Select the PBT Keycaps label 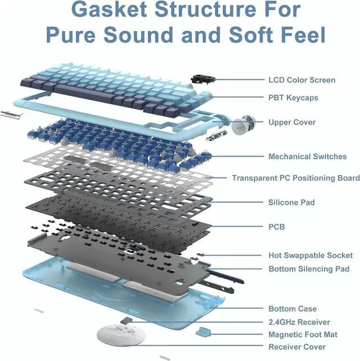[x=293, y=97]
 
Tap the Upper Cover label [x=292, y=122]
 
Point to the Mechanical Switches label [x=308, y=157]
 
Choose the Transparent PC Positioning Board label [x=296, y=178]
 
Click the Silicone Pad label [x=291, y=202]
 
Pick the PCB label [x=277, y=227]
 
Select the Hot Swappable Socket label [x=310, y=255]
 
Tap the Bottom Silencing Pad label [x=312, y=269]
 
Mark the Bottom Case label [x=292, y=309]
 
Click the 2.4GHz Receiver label [x=299, y=322]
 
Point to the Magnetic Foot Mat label [x=303, y=335]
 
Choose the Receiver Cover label [x=296, y=347]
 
